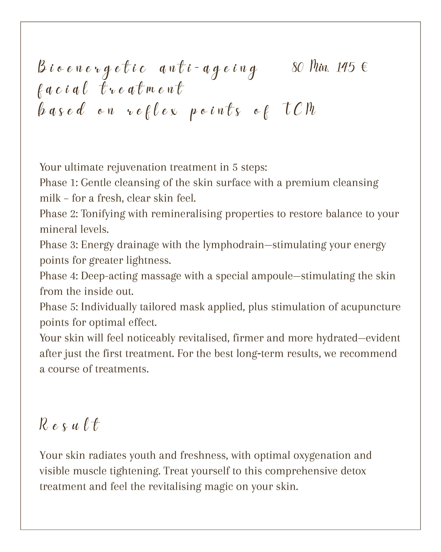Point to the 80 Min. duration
click(x=310, y=67)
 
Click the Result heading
click(x=69, y=425)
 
